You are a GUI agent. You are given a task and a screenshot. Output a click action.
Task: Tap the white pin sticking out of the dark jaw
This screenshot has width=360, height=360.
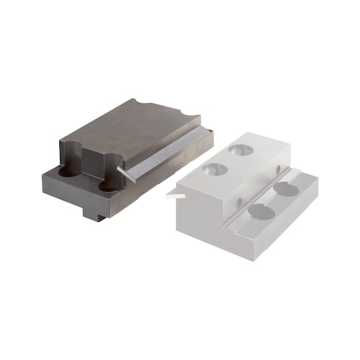click(x=125, y=173)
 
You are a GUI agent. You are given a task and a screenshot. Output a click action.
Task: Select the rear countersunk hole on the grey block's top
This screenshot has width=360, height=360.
click(x=240, y=151)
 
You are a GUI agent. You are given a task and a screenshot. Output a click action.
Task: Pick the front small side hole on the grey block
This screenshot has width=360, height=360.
click(x=239, y=202)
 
